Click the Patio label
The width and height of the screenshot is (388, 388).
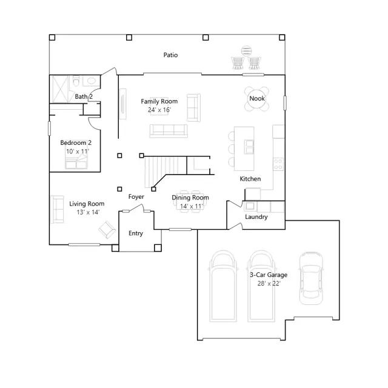[x=170, y=55]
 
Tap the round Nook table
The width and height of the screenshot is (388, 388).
[x=257, y=99]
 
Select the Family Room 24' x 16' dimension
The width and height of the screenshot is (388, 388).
[x=159, y=110]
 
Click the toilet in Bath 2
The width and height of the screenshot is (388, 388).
[x=76, y=81]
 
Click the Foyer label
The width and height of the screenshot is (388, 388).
[x=136, y=196]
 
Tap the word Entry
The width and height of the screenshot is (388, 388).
[x=136, y=233]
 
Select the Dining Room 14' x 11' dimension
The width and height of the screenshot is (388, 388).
[x=191, y=206]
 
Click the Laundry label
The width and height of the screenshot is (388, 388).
[x=256, y=217]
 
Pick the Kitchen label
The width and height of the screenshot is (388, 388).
[x=250, y=179]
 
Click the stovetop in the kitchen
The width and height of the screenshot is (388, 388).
[x=278, y=164]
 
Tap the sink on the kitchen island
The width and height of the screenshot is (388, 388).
[x=249, y=147]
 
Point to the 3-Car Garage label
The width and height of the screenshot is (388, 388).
[x=269, y=275]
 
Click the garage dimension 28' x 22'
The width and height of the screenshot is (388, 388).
[x=269, y=283]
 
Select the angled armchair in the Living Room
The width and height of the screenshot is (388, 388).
[x=107, y=229]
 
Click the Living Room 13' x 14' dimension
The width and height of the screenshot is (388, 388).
[x=88, y=212]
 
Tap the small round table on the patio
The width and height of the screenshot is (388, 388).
[x=246, y=51]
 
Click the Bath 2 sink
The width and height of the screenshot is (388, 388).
[x=91, y=81]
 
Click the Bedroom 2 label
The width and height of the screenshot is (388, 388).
[x=76, y=143]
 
